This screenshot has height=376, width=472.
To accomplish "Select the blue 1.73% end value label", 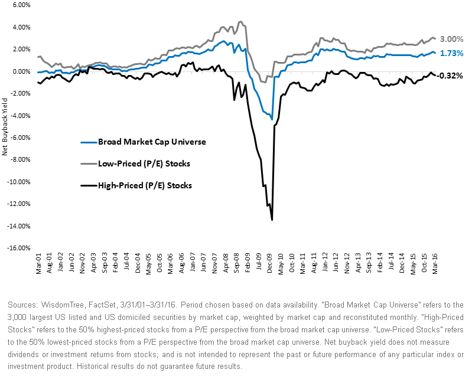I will coord(452,53).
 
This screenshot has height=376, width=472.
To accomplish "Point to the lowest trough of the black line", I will coord(272,220).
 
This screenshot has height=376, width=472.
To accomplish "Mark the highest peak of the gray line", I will coord(239,22).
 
